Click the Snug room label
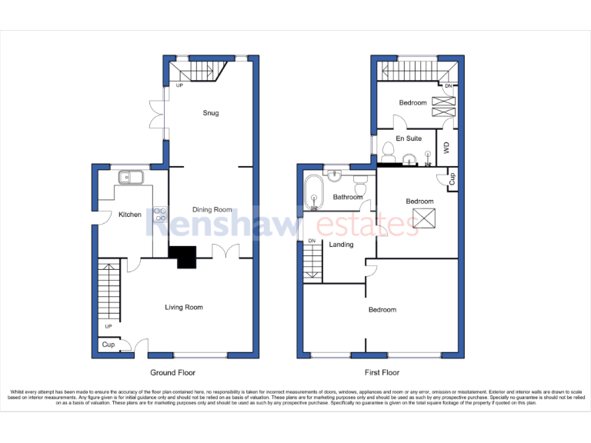211,113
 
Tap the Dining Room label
212,209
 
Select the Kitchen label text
129,215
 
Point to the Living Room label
184,308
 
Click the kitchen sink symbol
129,178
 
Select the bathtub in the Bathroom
313,193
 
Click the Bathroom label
348,197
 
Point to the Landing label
341,245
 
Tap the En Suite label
409,138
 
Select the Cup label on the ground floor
109,345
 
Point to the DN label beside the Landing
312,241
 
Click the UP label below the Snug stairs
179,85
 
